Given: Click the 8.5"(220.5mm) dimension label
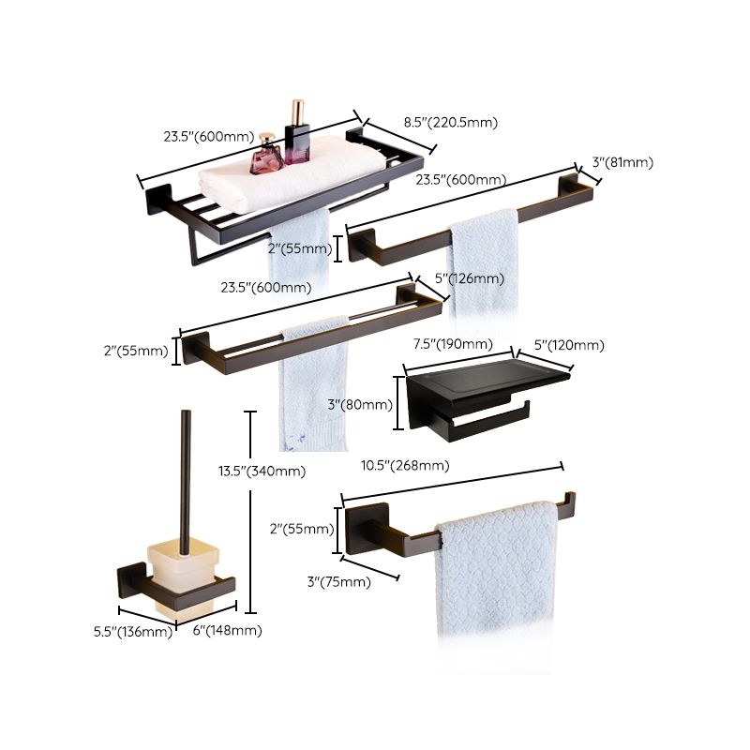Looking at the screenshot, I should [450, 122].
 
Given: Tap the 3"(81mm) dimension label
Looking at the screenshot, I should [622, 162].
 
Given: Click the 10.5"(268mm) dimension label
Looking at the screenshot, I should [405, 465].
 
